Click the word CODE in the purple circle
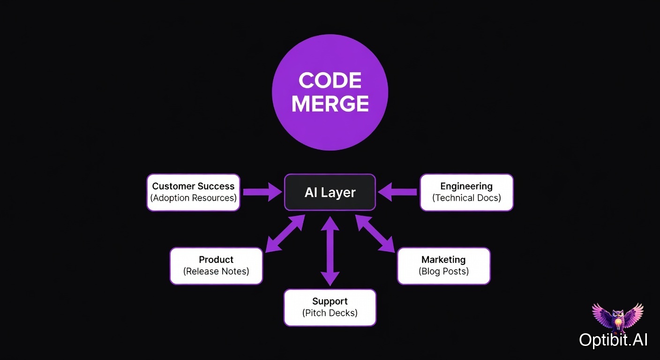(330, 81)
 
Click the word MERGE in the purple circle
(330, 104)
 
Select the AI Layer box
(330, 192)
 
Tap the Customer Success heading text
(193, 186)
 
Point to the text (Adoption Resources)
(193, 198)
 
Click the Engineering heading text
(466, 186)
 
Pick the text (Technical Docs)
(466, 198)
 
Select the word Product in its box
(216, 260)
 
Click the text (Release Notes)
(216, 271)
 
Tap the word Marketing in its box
(443, 260)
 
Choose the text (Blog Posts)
(443, 271)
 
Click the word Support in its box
(330, 301)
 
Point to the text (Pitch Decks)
(330, 313)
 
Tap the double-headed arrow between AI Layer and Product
(285, 234)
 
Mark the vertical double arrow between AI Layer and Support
(330, 251)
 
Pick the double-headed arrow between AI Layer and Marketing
(375, 234)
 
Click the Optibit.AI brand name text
(613, 340)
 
